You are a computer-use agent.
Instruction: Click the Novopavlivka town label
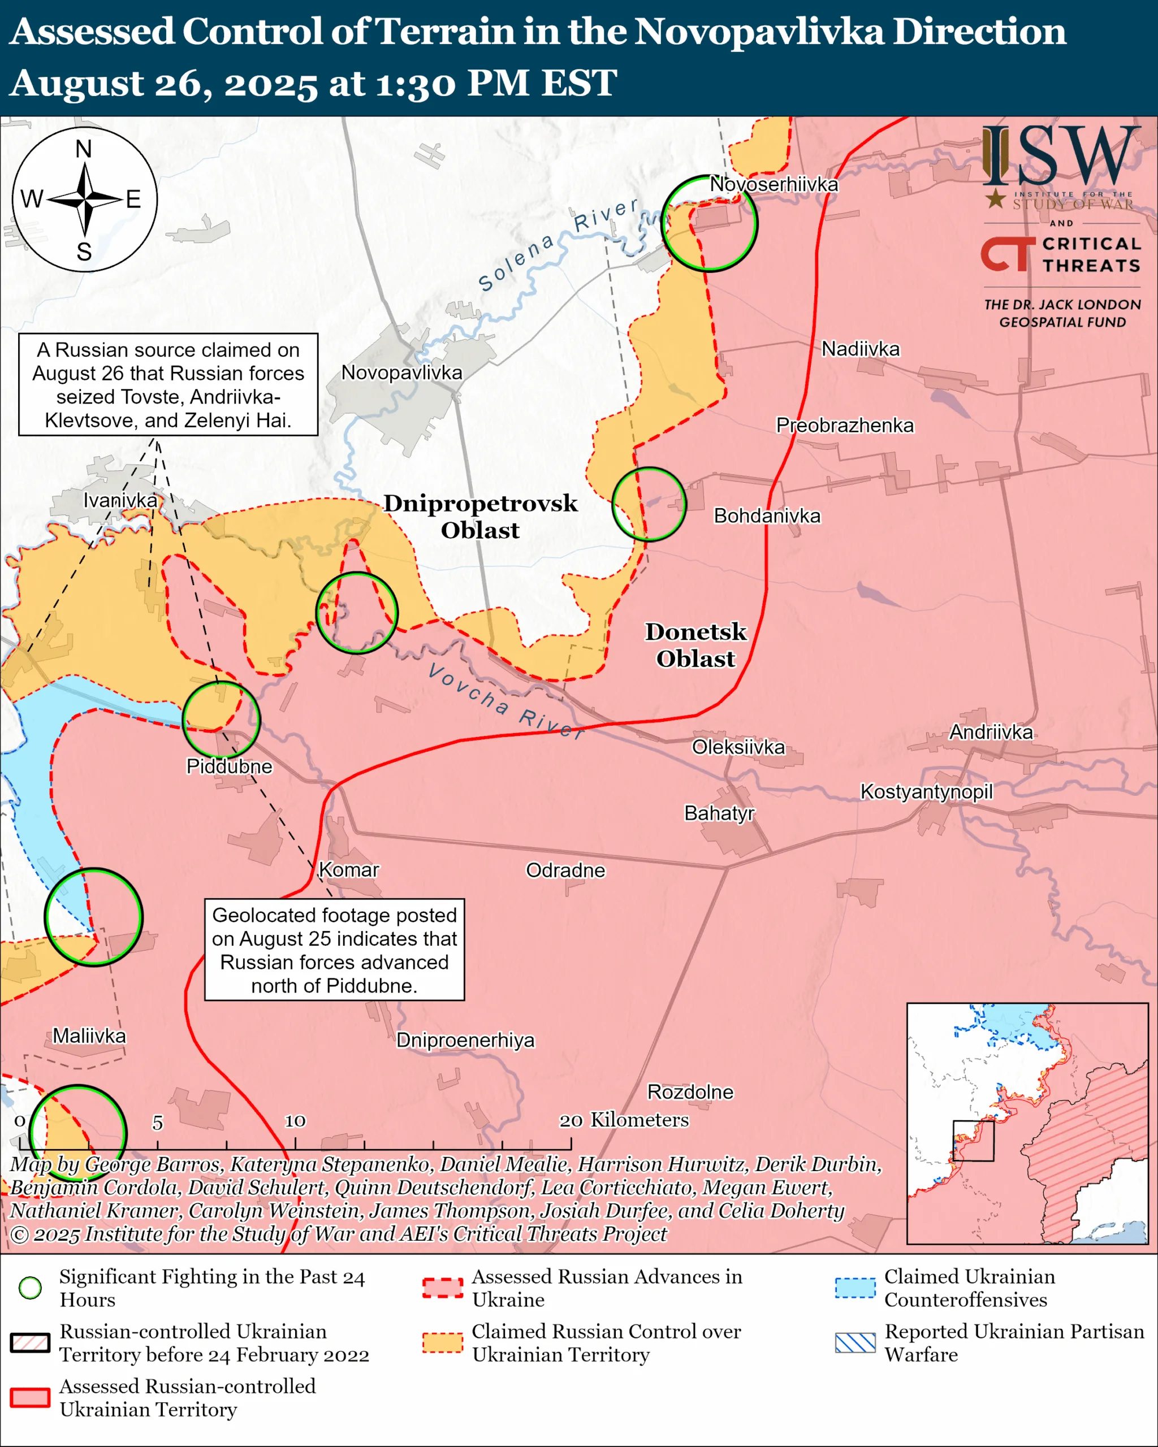[401, 372]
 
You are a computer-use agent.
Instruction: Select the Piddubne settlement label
[229, 766]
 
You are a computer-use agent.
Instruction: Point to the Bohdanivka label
[767, 515]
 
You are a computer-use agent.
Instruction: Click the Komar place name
[348, 870]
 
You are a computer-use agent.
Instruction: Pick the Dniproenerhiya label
[465, 1040]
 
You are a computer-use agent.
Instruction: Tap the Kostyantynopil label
[926, 791]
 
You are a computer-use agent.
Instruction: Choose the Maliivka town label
[89, 1036]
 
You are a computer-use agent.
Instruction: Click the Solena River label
[557, 244]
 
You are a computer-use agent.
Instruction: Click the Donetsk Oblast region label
[695, 645]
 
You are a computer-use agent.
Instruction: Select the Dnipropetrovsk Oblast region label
[480, 516]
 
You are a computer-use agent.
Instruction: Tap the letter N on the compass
[84, 149]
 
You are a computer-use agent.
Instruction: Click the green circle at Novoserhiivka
[709, 223]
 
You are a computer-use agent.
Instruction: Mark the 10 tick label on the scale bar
[295, 1121]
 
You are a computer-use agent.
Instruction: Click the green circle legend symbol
[30, 1288]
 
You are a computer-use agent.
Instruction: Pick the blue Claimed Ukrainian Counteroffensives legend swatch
[855, 1288]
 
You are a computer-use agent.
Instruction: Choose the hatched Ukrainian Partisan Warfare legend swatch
[855, 1343]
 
